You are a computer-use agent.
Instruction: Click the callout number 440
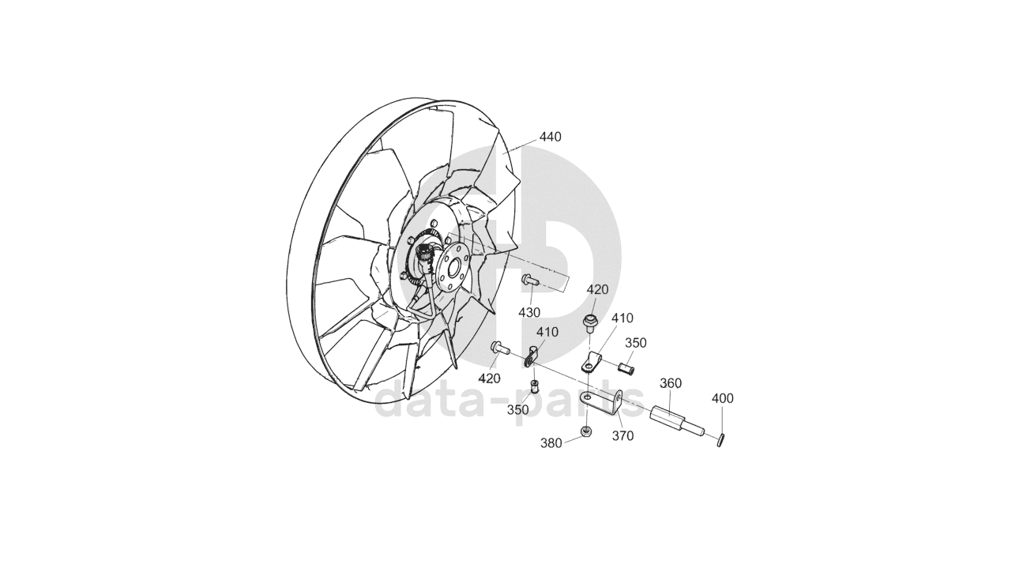[551, 137]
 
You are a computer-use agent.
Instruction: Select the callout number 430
[529, 313]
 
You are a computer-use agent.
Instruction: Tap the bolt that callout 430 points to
[530, 280]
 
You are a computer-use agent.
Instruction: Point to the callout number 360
[671, 383]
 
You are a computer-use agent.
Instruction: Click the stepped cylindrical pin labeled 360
[677, 421]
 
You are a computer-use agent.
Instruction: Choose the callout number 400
[723, 398]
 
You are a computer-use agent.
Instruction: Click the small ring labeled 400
[720, 440]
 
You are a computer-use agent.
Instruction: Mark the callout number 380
[551, 443]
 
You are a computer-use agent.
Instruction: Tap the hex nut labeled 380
[586, 431]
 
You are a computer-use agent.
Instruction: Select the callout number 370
[622, 436]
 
